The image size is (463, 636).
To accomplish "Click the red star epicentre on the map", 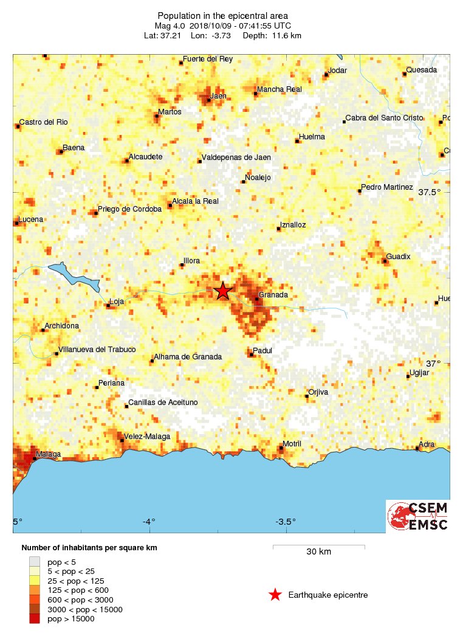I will tap(223, 291).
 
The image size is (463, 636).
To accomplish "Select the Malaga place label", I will tap(49, 454).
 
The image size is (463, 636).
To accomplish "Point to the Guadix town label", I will tap(398, 257).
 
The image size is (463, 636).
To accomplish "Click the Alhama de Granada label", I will tap(188, 357).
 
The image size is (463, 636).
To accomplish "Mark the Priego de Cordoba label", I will tap(130, 209).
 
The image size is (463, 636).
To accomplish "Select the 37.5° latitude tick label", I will tap(430, 192).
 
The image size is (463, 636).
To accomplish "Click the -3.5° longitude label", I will tap(285, 522).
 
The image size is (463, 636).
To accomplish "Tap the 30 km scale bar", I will tap(318, 547).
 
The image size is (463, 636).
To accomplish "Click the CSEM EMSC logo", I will tap(418, 516).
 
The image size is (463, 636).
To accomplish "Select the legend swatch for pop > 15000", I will tap(35, 619).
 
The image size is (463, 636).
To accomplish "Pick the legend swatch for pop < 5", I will tap(35, 561).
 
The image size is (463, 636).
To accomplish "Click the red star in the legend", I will tap(275, 595).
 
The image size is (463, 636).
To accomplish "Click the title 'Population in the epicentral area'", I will tap(222, 15).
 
